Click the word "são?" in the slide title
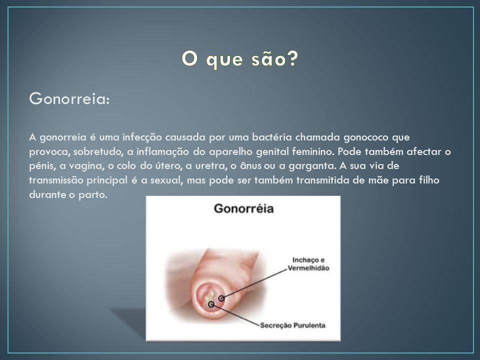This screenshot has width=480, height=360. (x=274, y=59)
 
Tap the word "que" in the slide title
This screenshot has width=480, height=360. (x=224, y=60)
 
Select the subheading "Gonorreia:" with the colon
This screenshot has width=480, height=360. (x=69, y=99)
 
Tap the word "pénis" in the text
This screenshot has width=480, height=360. (x=42, y=166)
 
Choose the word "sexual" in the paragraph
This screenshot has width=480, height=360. (x=166, y=180)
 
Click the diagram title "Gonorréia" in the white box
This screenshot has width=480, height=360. (x=243, y=208)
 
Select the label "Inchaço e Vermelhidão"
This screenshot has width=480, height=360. (x=308, y=264)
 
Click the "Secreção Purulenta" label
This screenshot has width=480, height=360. (x=292, y=325)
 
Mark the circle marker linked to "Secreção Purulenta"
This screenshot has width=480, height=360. (x=211, y=304)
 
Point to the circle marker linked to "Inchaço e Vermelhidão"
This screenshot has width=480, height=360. (x=221, y=298)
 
